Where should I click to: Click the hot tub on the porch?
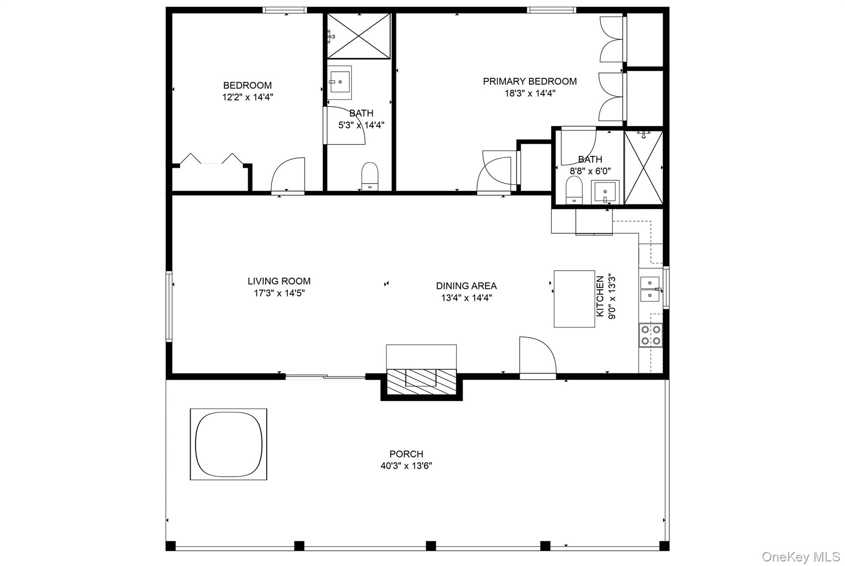click(x=229, y=444)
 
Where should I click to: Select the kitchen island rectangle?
click(x=574, y=299)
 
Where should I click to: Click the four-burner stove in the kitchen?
click(x=651, y=335)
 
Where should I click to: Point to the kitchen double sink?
click(x=650, y=289)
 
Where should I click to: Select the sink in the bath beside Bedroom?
click(x=340, y=83)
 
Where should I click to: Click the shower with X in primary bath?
click(x=643, y=167)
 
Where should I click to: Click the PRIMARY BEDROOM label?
click(x=530, y=81)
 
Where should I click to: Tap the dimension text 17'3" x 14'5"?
click(x=279, y=294)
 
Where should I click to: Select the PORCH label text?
click(x=406, y=454)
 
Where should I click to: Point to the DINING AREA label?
click(x=466, y=286)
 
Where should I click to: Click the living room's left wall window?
click(x=169, y=306)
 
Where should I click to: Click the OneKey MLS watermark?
click(x=800, y=557)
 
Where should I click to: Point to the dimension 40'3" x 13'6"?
click(x=406, y=466)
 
